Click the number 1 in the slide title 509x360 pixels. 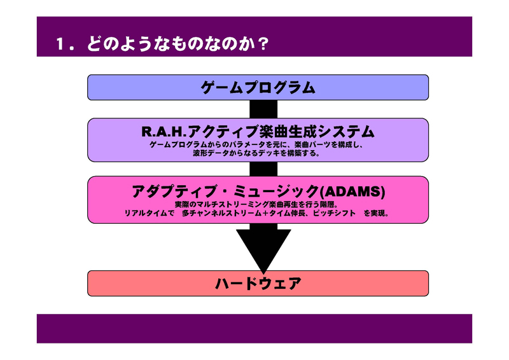point(60,44)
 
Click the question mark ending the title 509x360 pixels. point(263,44)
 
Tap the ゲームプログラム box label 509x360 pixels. point(258,88)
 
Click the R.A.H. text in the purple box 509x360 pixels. point(164,132)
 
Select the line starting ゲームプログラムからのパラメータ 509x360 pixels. point(256,145)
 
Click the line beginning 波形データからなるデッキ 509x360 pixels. point(256,153)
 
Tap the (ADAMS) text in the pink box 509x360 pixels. point(352,191)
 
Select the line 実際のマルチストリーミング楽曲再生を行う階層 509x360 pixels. point(256,205)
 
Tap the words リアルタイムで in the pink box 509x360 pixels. point(150,213)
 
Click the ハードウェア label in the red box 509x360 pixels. point(258,284)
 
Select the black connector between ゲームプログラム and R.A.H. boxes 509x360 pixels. point(263,109)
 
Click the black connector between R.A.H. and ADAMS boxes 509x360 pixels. point(263,169)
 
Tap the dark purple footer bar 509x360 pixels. point(254,328)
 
